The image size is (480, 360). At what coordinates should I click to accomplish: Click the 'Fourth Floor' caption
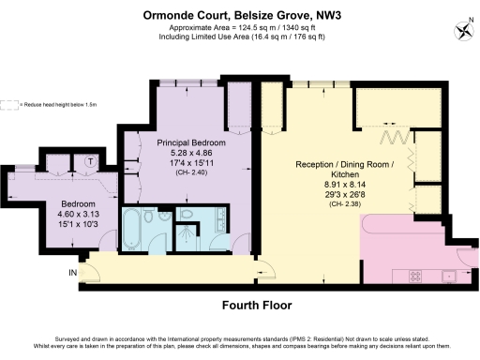(x=256, y=306)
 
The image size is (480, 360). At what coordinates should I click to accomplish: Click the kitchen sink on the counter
(x=448, y=275)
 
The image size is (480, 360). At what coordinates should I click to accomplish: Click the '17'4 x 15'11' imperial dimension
(x=189, y=163)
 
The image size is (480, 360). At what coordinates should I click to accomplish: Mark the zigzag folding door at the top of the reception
(x=396, y=138)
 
